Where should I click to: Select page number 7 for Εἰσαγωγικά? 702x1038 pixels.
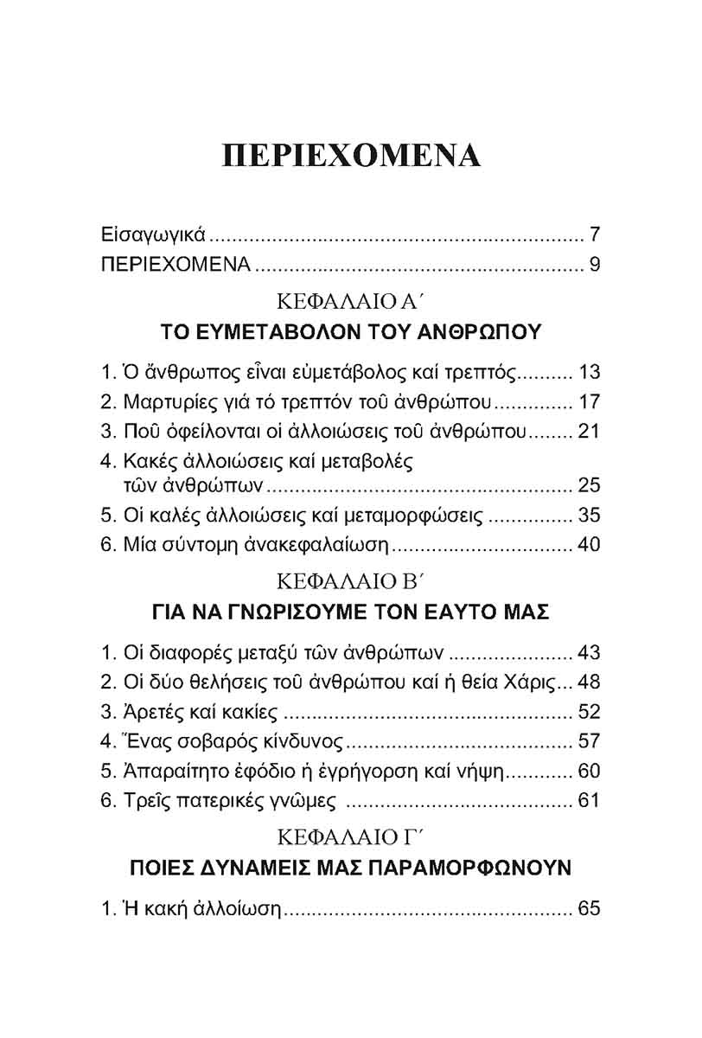(595, 235)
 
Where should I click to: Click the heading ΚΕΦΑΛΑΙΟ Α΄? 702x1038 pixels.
(350, 302)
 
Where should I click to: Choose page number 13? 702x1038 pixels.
(588, 375)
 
